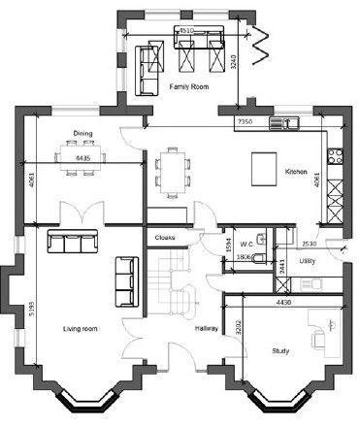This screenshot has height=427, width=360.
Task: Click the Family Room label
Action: click(x=190, y=87)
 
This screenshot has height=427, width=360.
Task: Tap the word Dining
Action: click(x=82, y=134)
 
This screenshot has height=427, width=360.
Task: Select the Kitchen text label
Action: click(x=295, y=172)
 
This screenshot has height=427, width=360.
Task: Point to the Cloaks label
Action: click(x=164, y=236)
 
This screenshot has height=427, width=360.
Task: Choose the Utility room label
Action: click(x=308, y=261)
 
